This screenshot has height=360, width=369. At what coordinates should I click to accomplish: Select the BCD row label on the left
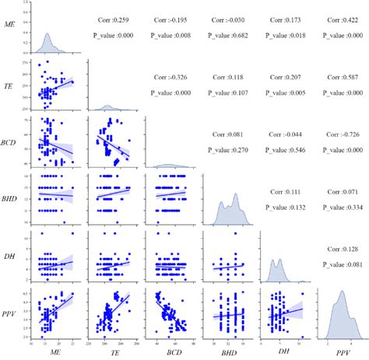[9, 143]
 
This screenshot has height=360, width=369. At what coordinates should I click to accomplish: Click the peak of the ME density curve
[46, 33]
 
